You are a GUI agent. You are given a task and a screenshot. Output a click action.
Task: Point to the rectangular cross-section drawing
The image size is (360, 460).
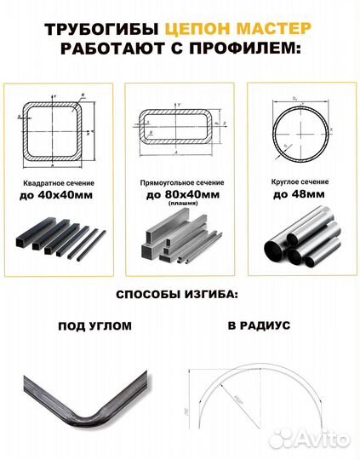[x=180, y=129]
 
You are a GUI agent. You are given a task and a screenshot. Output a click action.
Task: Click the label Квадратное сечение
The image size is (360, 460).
[x=56, y=184]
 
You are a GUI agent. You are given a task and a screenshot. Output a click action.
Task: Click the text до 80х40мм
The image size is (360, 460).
[x=180, y=196]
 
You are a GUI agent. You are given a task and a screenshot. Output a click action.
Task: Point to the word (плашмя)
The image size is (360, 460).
[x=180, y=205]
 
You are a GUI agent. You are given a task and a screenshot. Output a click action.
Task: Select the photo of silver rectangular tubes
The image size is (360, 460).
[x=180, y=243]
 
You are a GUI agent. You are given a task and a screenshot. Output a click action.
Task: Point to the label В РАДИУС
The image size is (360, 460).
[x=260, y=325]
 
